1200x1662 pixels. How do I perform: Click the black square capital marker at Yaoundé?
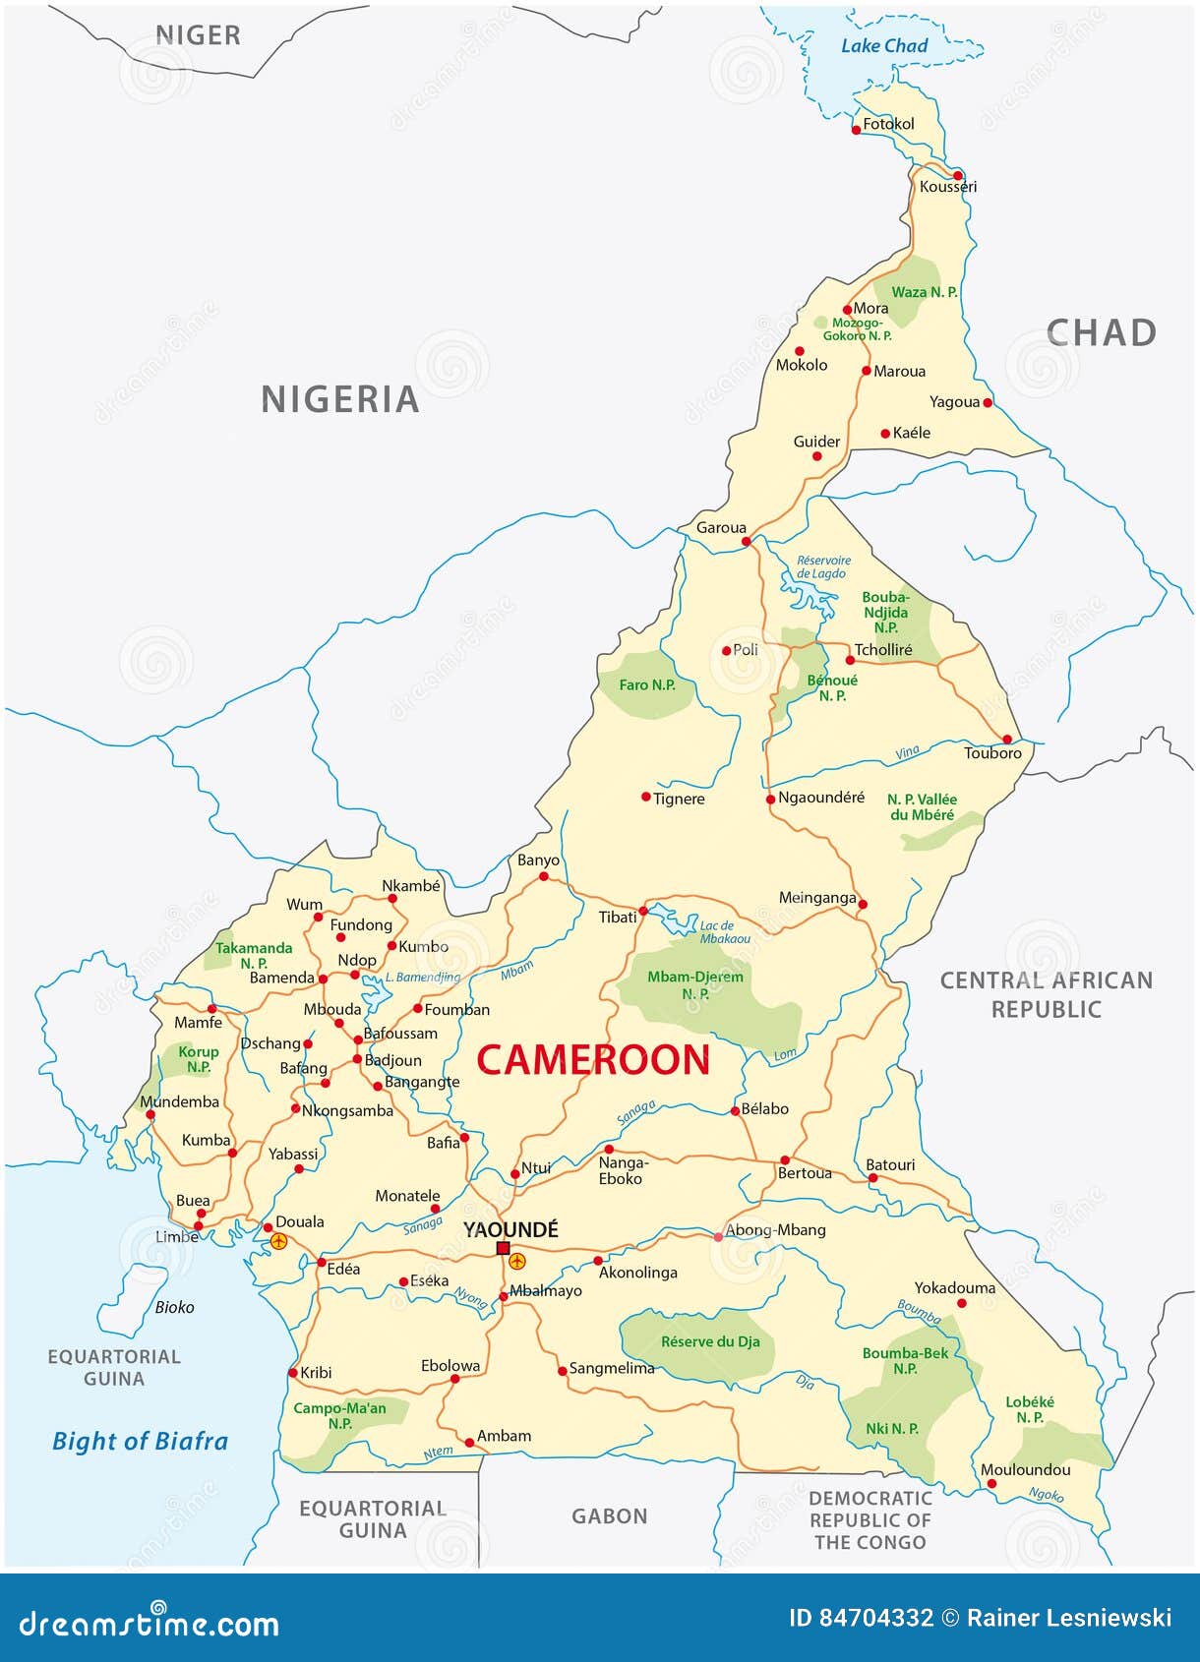[x=503, y=1248]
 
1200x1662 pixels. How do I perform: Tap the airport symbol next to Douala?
[x=279, y=1241]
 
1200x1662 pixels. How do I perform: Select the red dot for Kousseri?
[x=957, y=175]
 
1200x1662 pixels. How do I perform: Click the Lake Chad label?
[x=884, y=45]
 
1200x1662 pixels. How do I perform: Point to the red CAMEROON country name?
[x=593, y=1060]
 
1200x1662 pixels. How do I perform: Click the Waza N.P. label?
[x=924, y=292]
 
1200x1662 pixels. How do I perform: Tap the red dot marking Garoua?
[x=746, y=541]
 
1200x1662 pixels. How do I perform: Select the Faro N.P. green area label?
[x=647, y=684]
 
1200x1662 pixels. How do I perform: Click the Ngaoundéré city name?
[x=821, y=798]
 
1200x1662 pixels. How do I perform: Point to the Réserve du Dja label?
[x=710, y=1341]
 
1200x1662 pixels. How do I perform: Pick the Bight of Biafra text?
[x=140, y=1441]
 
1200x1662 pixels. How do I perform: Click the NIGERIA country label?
[x=339, y=399]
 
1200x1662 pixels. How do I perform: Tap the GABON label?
[x=610, y=1515]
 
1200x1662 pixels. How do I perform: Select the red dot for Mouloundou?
[x=990, y=1484]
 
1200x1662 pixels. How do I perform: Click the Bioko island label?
[x=174, y=1307]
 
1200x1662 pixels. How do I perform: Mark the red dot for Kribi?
[x=292, y=1373]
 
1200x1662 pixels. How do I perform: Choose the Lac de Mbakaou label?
[x=725, y=931]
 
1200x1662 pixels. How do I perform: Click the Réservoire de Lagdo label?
[x=823, y=566]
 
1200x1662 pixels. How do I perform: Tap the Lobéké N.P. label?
[x=1030, y=1409]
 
